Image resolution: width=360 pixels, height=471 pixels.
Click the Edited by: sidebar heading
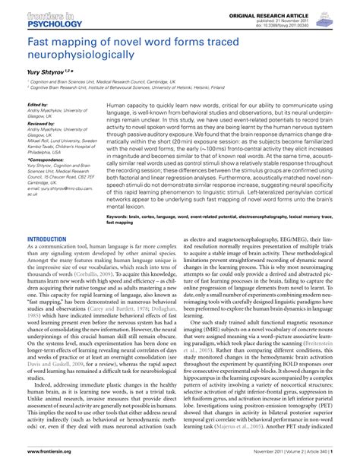pyautogui.click(x=38, y=105)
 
